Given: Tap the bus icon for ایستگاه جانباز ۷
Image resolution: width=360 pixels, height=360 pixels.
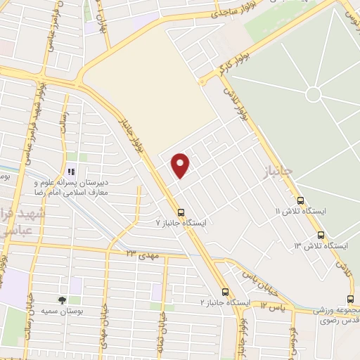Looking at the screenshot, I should (181, 212).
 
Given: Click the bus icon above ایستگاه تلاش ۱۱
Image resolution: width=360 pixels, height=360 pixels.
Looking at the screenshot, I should (300, 200).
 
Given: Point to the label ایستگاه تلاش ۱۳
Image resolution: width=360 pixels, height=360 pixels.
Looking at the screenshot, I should (321, 246).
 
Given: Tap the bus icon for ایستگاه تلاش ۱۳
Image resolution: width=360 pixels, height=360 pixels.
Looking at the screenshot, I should (321, 235).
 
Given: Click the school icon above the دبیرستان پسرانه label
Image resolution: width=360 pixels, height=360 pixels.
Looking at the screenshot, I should (70, 171).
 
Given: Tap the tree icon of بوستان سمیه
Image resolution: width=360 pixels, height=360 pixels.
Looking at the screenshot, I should (63, 300).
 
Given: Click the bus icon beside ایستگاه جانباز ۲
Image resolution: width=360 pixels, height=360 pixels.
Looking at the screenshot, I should (225, 291).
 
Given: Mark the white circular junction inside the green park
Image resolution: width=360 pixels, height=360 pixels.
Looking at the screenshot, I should (314, 94).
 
